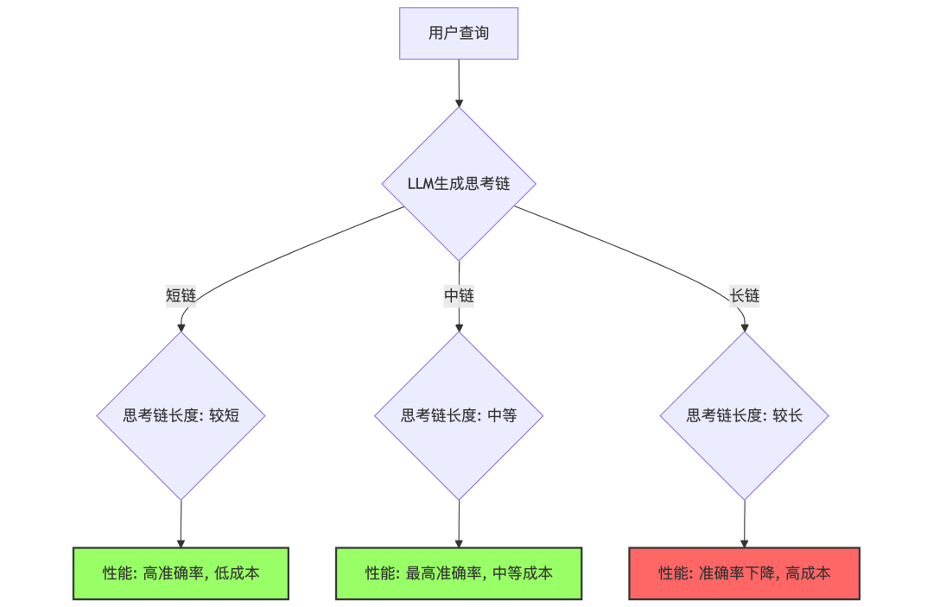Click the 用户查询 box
pos(458,34)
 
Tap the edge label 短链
pos(181,296)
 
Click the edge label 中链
pos(459,296)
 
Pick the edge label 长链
pos(744,296)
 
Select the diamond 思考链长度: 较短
pos(181,415)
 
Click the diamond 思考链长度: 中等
pos(459,415)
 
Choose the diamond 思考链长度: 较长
pos(744,415)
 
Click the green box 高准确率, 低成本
pos(181,572)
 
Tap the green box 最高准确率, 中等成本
pos(459,572)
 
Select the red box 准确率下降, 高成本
pos(744,572)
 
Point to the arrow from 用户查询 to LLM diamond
pos(459,82)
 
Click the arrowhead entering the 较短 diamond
pos(181,327)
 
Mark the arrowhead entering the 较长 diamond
pos(744,327)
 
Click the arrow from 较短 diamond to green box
pos(181,522)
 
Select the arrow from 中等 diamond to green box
pos(459,522)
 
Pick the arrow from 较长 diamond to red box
pos(744,522)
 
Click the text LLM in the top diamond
pos(422,184)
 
